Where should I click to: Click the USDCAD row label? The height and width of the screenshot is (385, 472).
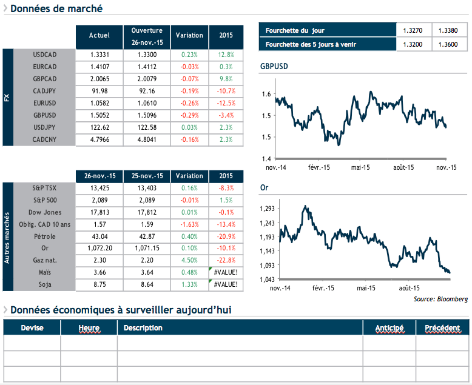(x=44, y=55)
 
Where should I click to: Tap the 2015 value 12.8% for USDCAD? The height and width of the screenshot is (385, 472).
(x=226, y=55)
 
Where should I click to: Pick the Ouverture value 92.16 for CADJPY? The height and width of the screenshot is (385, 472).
(x=147, y=91)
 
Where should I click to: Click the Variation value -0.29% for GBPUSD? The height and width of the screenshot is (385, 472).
(x=189, y=115)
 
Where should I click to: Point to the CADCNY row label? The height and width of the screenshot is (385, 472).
(x=44, y=139)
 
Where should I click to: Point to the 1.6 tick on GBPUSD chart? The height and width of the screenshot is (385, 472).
(x=266, y=94)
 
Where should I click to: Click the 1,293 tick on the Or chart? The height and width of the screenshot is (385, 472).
(x=266, y=209)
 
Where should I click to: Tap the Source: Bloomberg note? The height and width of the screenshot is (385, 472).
(x=440, y=299)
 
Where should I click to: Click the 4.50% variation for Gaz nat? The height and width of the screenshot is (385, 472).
(x=189, y=260)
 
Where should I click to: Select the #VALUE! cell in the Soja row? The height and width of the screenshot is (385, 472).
(x=226, y=284)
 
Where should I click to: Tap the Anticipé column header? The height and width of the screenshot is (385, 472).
(x=389, y=328)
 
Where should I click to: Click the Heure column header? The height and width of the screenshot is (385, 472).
(x=89, y=328)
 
